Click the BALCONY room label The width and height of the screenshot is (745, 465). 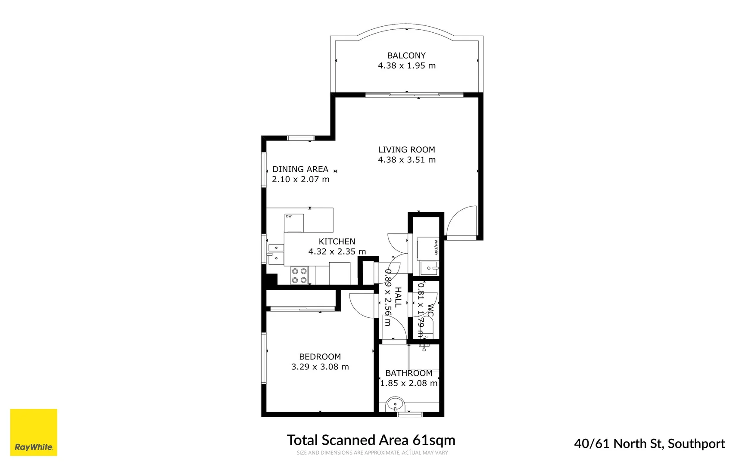(x=406, y=56)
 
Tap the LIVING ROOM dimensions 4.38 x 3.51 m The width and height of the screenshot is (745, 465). (x=406, y=160)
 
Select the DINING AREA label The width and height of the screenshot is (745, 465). (x=300, y=169)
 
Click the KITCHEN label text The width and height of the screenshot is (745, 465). (x=337, y=242)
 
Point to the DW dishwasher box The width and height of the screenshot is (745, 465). (x=294, y=223)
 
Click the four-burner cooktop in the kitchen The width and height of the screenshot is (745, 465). (x=299, y=276)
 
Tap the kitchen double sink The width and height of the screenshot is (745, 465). (x=276, y=254)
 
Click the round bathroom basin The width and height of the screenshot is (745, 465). (x=395, y=405)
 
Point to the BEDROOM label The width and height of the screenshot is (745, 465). (x=320, y=356)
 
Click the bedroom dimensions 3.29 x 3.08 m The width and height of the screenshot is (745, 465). (x=320, y=367)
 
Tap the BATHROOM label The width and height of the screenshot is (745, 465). (x=408, y=373)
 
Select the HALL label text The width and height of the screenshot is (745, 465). (x=398, y=297)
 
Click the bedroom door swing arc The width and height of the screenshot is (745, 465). (x=361, y=306)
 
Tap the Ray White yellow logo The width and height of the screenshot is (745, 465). (x=34, y=432)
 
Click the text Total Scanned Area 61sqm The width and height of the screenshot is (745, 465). (x=371, y=440)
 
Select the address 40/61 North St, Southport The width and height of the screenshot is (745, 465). (x=649, y=443)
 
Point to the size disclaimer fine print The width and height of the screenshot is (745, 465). (x=372, y=453)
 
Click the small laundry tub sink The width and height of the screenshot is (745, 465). (x=429, y=268)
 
